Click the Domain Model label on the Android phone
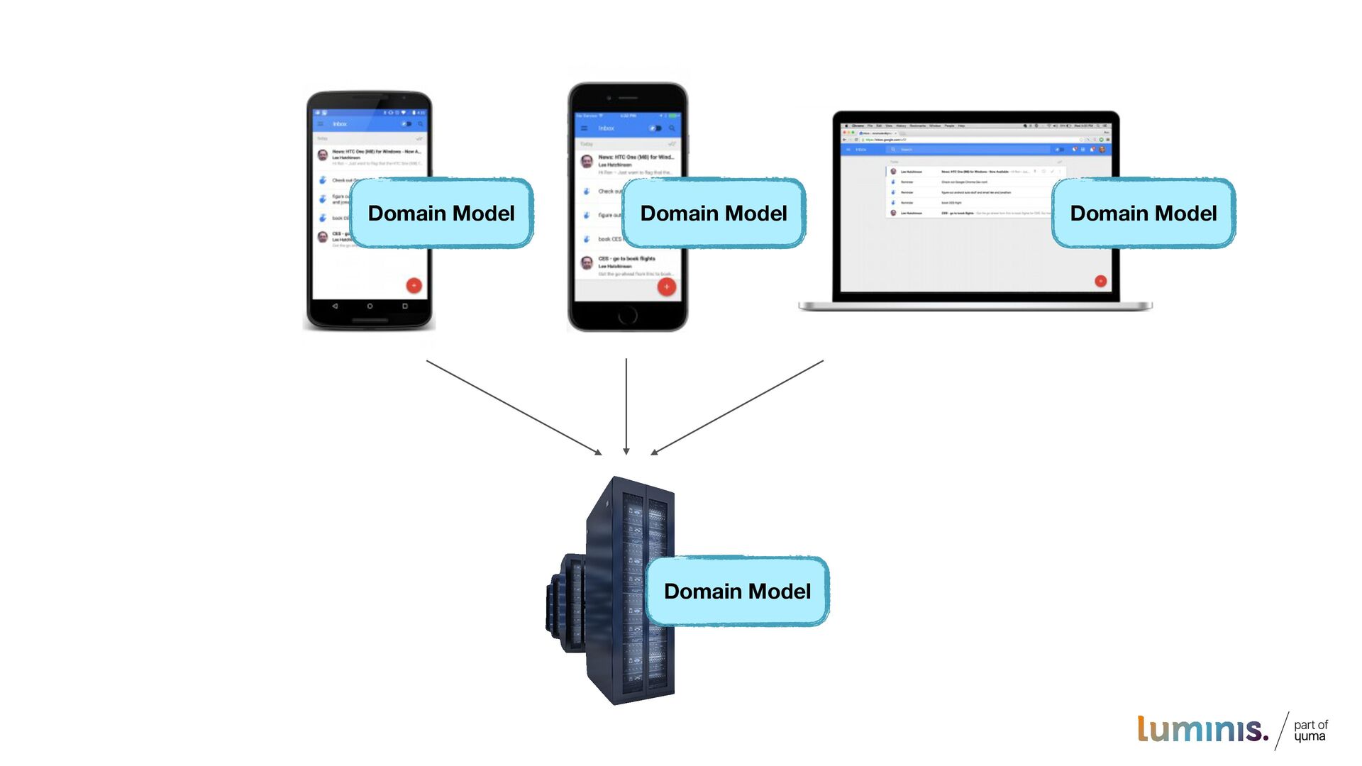point(441,213)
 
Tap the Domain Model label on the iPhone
point(714,213)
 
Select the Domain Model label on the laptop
point(1144,213)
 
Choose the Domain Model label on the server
point(737,591)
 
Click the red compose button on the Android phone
point(414,285)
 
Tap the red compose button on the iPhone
point(666,287)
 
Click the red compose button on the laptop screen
point(1100,281)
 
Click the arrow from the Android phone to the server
point(514,407)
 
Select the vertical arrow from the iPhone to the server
point(626,406)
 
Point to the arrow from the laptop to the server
point(738,407)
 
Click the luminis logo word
point(1202,730)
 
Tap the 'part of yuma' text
point(1310,731)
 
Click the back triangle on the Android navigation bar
point(335,306)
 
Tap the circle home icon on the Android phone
point(370,306)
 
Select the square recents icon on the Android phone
point(405,306)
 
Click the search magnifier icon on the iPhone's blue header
point(672,128)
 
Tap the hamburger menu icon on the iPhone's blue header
point(584,128)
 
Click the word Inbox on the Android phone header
point(340,124)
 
